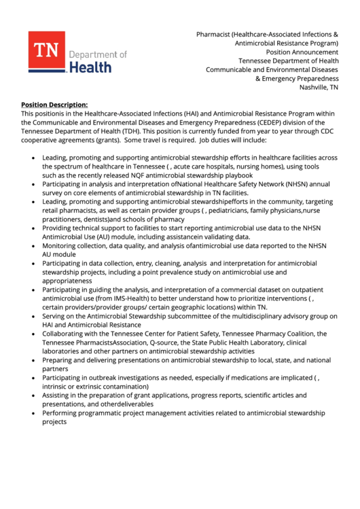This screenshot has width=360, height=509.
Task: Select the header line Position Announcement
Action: click(x=302, y=52)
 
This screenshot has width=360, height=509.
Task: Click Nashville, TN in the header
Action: click(x=319, y=87)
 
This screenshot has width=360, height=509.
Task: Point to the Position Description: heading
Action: click(x=54, y=105)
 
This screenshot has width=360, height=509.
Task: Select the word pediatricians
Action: click(x=234, y=211)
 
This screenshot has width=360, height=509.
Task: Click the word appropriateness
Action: click(x=67, y=281)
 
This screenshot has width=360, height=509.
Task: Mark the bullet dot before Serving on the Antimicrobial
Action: click(x=34, y=317)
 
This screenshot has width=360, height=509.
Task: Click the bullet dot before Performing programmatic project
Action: click(x=34, y=413)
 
